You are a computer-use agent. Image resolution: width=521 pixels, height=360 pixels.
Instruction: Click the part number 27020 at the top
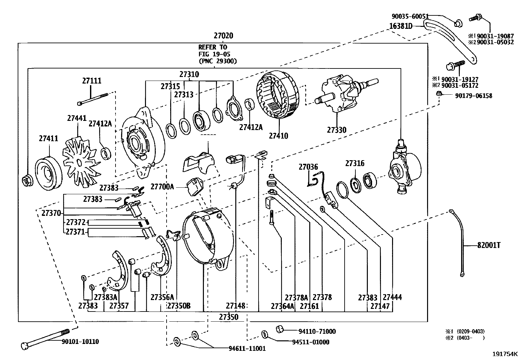pos(224,36)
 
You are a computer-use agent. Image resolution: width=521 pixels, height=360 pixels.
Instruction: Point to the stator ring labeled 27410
pos(278,98)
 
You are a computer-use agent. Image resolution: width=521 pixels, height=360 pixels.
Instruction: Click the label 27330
pos(336,130)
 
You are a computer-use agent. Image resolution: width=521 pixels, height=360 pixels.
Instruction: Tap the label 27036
pos(308,167)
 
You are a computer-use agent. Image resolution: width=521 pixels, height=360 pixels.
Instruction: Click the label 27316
pos(355,163)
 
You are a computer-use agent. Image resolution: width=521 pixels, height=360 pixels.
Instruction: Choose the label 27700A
pos(162,187)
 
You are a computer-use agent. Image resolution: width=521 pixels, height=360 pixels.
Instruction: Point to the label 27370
pos(51,213)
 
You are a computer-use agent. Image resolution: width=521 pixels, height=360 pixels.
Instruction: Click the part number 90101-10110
pos(80,342)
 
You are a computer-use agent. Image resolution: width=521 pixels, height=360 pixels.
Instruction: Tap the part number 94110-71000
pos(317,332)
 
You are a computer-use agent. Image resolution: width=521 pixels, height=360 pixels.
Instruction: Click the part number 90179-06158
pos(473,96)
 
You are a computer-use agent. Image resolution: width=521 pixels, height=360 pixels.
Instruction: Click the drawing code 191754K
pos(505,354)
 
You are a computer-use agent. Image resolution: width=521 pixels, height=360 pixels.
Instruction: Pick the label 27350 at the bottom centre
pos(229,317)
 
